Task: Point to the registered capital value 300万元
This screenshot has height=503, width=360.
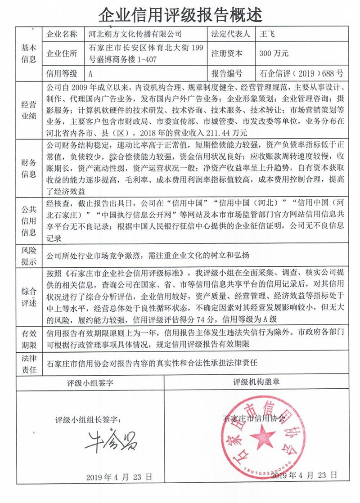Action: coord(274,53)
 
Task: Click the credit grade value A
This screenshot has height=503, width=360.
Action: coord(91,73)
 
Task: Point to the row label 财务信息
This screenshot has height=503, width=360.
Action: coord(29,168)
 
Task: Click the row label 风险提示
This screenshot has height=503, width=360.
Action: coord(29,255)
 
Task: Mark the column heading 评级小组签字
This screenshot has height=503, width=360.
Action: coord(90,383)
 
